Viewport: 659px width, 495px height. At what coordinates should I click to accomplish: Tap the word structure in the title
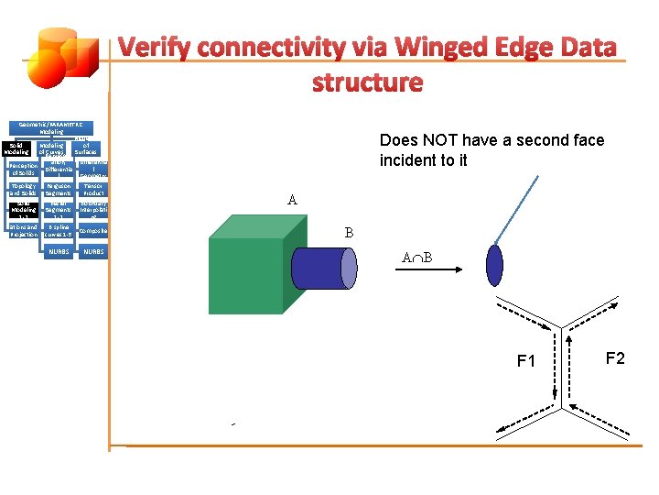(x=367, y=82)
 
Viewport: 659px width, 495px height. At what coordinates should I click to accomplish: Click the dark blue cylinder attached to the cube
(x=326, y=267)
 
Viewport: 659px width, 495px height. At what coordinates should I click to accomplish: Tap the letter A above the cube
(x=292, y=200)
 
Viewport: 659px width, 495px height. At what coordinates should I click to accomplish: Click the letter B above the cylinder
(x=349, y=233)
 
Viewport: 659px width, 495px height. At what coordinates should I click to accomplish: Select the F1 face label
(x=526, y=361)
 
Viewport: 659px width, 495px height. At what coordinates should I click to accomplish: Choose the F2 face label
(x=615, y=358)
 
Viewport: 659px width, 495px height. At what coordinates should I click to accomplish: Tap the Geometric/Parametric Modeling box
(x=50, y=127)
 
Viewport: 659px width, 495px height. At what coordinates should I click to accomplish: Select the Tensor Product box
(x=93, y=190)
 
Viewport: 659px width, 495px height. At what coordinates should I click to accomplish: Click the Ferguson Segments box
(x=58, y=190)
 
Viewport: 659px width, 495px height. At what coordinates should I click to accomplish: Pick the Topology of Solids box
(x=22, y=190)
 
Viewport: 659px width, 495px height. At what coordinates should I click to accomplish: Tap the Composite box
(x=93, y=231)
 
